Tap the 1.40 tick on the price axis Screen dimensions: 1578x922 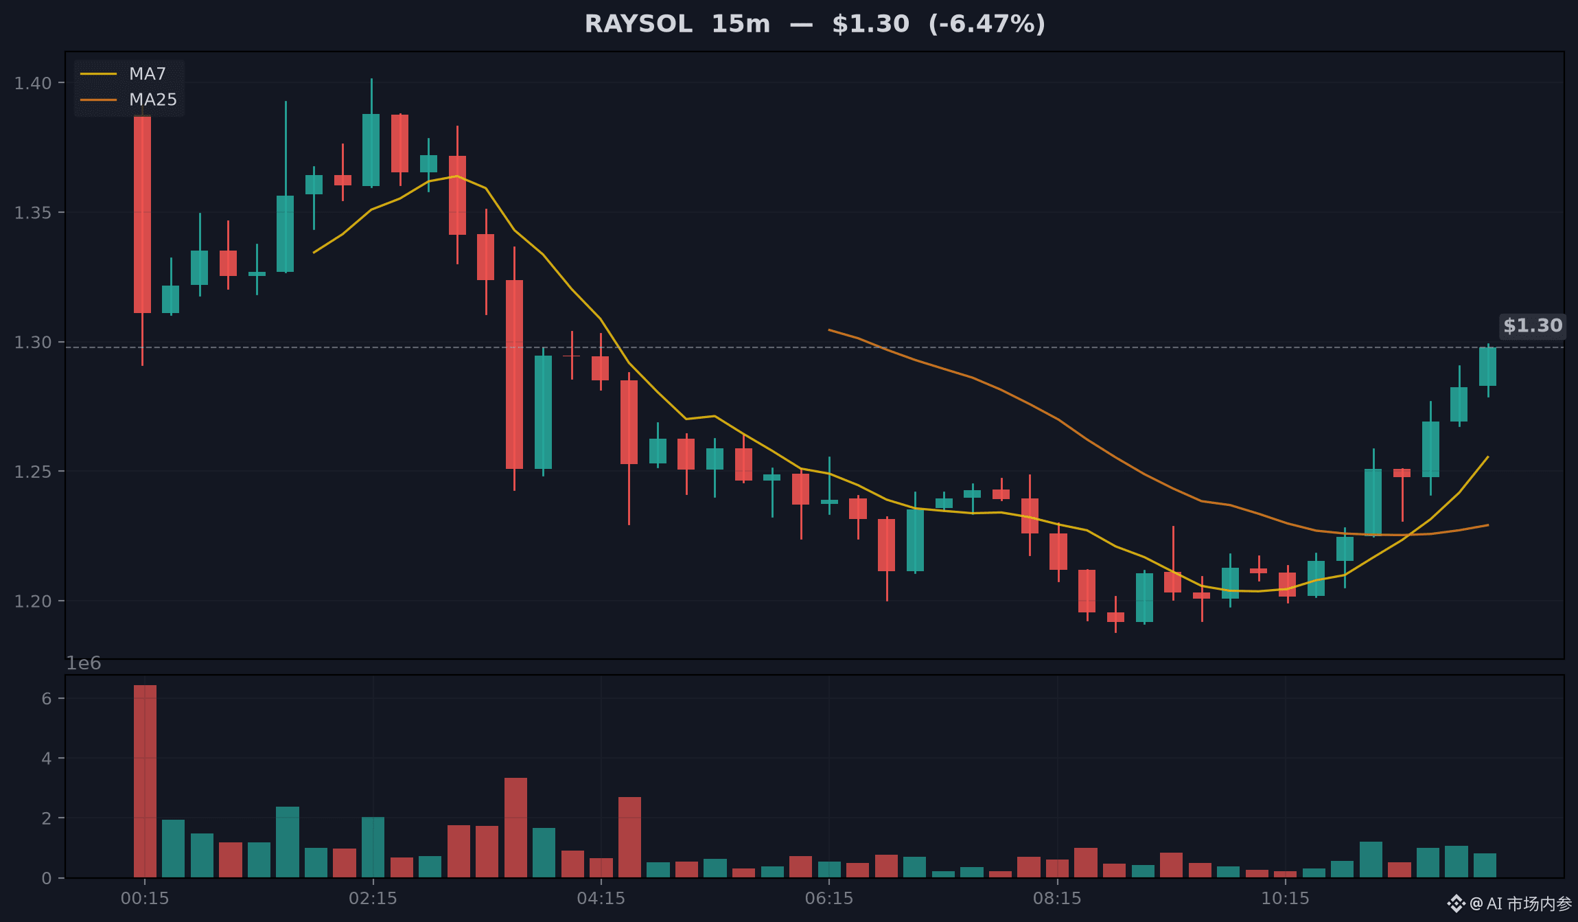[33, 83]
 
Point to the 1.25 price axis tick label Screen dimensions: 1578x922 [33, 472]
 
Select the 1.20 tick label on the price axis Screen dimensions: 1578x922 [33, 601]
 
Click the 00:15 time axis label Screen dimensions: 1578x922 [145, 898]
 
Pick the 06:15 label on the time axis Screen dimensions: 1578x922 [829, 898]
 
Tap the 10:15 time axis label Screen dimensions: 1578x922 [1286, 898]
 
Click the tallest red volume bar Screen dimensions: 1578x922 [145, 781]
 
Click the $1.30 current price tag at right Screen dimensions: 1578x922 [1533, 325]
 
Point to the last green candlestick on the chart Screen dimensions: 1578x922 [1487, 367]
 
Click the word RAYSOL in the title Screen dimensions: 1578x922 [638, 24]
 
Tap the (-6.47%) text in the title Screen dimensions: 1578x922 [986, 24]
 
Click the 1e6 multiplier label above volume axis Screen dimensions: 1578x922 [83, 663]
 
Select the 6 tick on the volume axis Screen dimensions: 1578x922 [46, 699]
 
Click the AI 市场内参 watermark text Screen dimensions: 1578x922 [1529, 903]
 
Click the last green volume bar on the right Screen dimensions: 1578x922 [1485, 865]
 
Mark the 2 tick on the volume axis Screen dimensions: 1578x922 [46, 818]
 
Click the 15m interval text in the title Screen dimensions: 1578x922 [741, 24]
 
